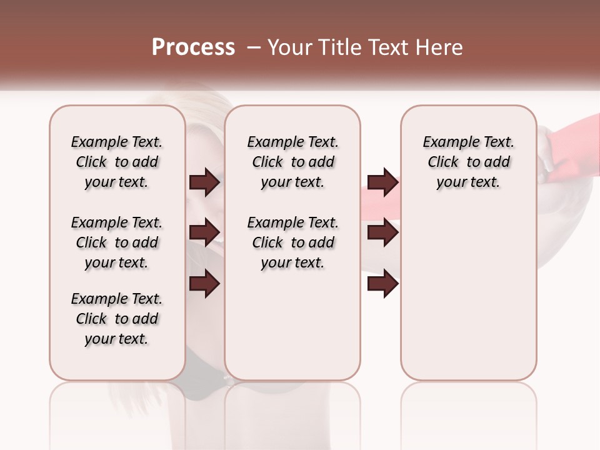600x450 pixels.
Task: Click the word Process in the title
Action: [193, 47]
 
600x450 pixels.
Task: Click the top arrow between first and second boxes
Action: [204, 182]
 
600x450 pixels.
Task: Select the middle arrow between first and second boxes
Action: [204, 233]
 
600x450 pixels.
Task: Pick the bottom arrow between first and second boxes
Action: [204, 284]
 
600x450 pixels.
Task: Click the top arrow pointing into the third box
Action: [382, 182]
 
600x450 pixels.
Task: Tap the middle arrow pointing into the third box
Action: [382, 233]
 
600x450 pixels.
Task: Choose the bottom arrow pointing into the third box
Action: [382, 284]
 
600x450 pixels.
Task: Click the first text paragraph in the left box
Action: [117, 162]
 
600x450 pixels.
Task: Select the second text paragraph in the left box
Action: [117, 242]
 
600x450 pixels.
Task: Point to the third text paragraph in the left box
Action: [117, 319]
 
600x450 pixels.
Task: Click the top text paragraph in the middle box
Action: [292, 162]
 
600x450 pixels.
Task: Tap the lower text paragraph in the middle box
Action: [292, 242]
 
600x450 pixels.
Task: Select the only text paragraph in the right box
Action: [469, 162]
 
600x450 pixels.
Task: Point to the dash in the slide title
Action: [254, 47]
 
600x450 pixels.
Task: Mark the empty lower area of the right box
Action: [469, 287]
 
